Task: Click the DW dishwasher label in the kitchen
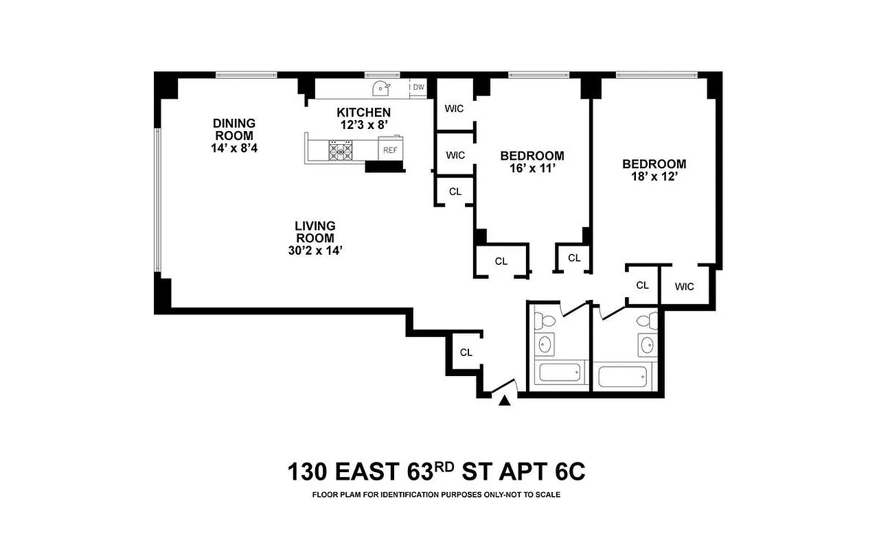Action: [418, 87]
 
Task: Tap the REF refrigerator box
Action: [389, 150]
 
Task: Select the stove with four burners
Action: [341, 150]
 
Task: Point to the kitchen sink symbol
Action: [380, 88]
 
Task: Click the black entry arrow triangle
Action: [505, 401]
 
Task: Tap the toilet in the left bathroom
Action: [547, 319]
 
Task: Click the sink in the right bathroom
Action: [647, 345]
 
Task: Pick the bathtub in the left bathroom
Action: [560, 373]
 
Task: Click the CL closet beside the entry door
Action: [466, 353]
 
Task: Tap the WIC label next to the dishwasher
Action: [454, 108]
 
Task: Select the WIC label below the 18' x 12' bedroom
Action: [684, 287]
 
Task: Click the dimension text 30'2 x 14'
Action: [315, 250]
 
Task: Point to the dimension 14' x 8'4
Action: [233, 148]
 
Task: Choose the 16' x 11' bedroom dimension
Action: [532, 168]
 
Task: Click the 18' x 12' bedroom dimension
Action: [654, 176]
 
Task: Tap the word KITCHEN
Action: [363, 113]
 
